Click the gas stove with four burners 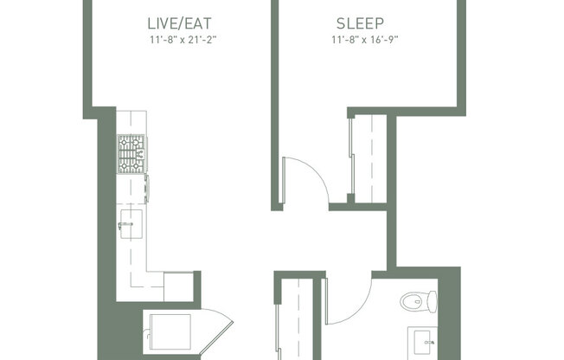pyautogui.click(x=132, y=154)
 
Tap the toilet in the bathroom pyautogui.click(x=420, y=302)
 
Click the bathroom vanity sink pyautogui.click(x=425, y=339)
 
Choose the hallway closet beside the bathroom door pyautogui.click(x=296, y=320)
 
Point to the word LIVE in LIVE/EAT pyautogui.click(x=165, y=23)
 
